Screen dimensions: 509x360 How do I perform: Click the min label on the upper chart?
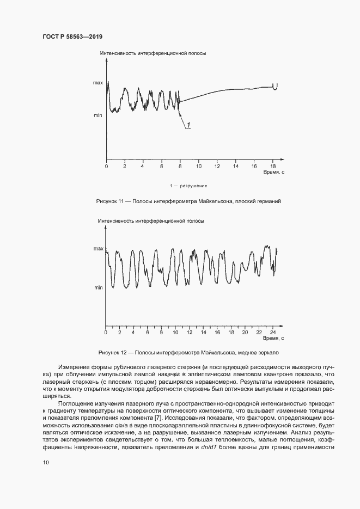tap(97, 115)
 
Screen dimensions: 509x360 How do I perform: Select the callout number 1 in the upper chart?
tap(188, 126)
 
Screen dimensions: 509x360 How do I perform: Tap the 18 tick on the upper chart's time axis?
tap(273, 165)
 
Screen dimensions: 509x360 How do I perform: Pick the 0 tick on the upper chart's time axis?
tap(107, 165)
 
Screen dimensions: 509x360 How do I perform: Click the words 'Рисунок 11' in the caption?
tap(111, 201)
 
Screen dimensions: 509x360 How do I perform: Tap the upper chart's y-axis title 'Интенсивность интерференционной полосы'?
tap(153, 54)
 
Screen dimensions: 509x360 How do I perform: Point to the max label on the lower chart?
tap(97, 249)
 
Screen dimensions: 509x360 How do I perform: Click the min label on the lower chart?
tap(98, 287)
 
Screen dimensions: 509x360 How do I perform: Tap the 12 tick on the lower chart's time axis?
tap(189, 332)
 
